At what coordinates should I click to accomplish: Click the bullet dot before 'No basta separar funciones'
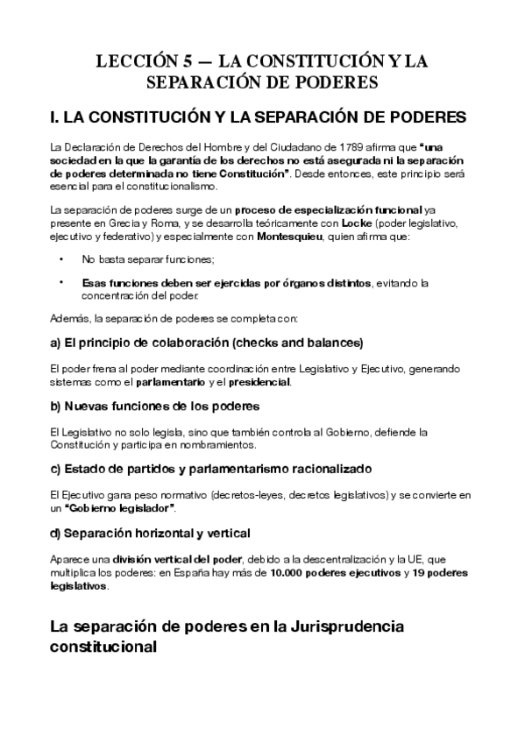pos(60,260)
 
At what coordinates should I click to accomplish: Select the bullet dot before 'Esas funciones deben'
pos(60,282)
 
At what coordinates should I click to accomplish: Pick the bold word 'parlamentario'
pos(172,383)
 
